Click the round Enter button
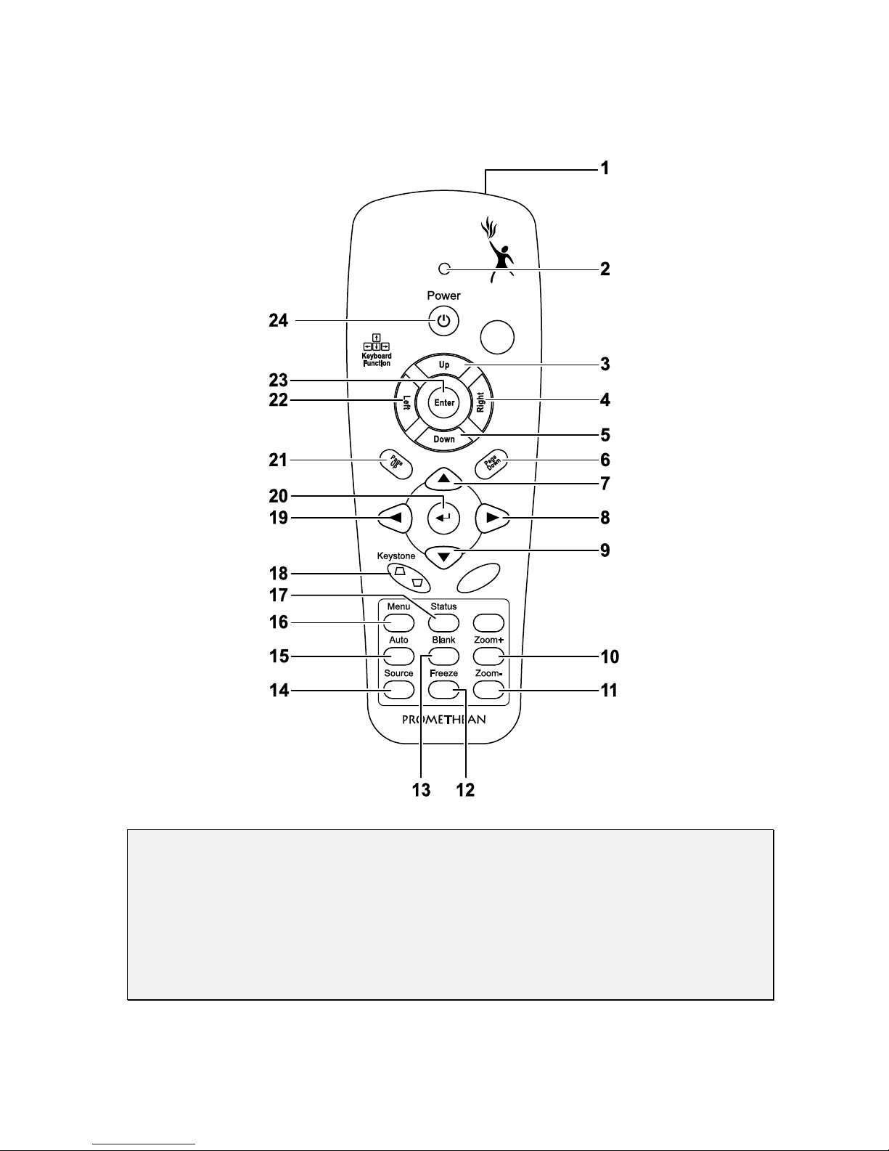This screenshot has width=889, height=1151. click(x=444, y=402)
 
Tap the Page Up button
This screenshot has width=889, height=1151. click(x=396, y=464)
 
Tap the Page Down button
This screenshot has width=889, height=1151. click(x=491, y=464)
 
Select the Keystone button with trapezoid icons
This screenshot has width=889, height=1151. click(x=409, y=577)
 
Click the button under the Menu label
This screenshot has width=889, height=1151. click(x=399, y=623)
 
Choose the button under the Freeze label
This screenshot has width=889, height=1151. click(x=443, y=690)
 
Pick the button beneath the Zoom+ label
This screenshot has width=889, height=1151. click(x=488, y=656)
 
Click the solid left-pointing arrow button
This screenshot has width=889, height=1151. click(x=396, y=518)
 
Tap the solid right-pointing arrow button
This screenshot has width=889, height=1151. click(x=492, y=518)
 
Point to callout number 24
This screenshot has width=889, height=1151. click(x=279, y=320)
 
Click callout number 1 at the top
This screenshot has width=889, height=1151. click(x=605, y=168)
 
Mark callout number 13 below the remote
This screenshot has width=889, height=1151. click(x=421, y=790)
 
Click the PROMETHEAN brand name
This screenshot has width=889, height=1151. click(x=444, y=720)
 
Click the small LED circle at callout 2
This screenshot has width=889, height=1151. click(x=444, y=269)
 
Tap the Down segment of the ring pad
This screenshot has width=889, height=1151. click(x=444, y=438)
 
